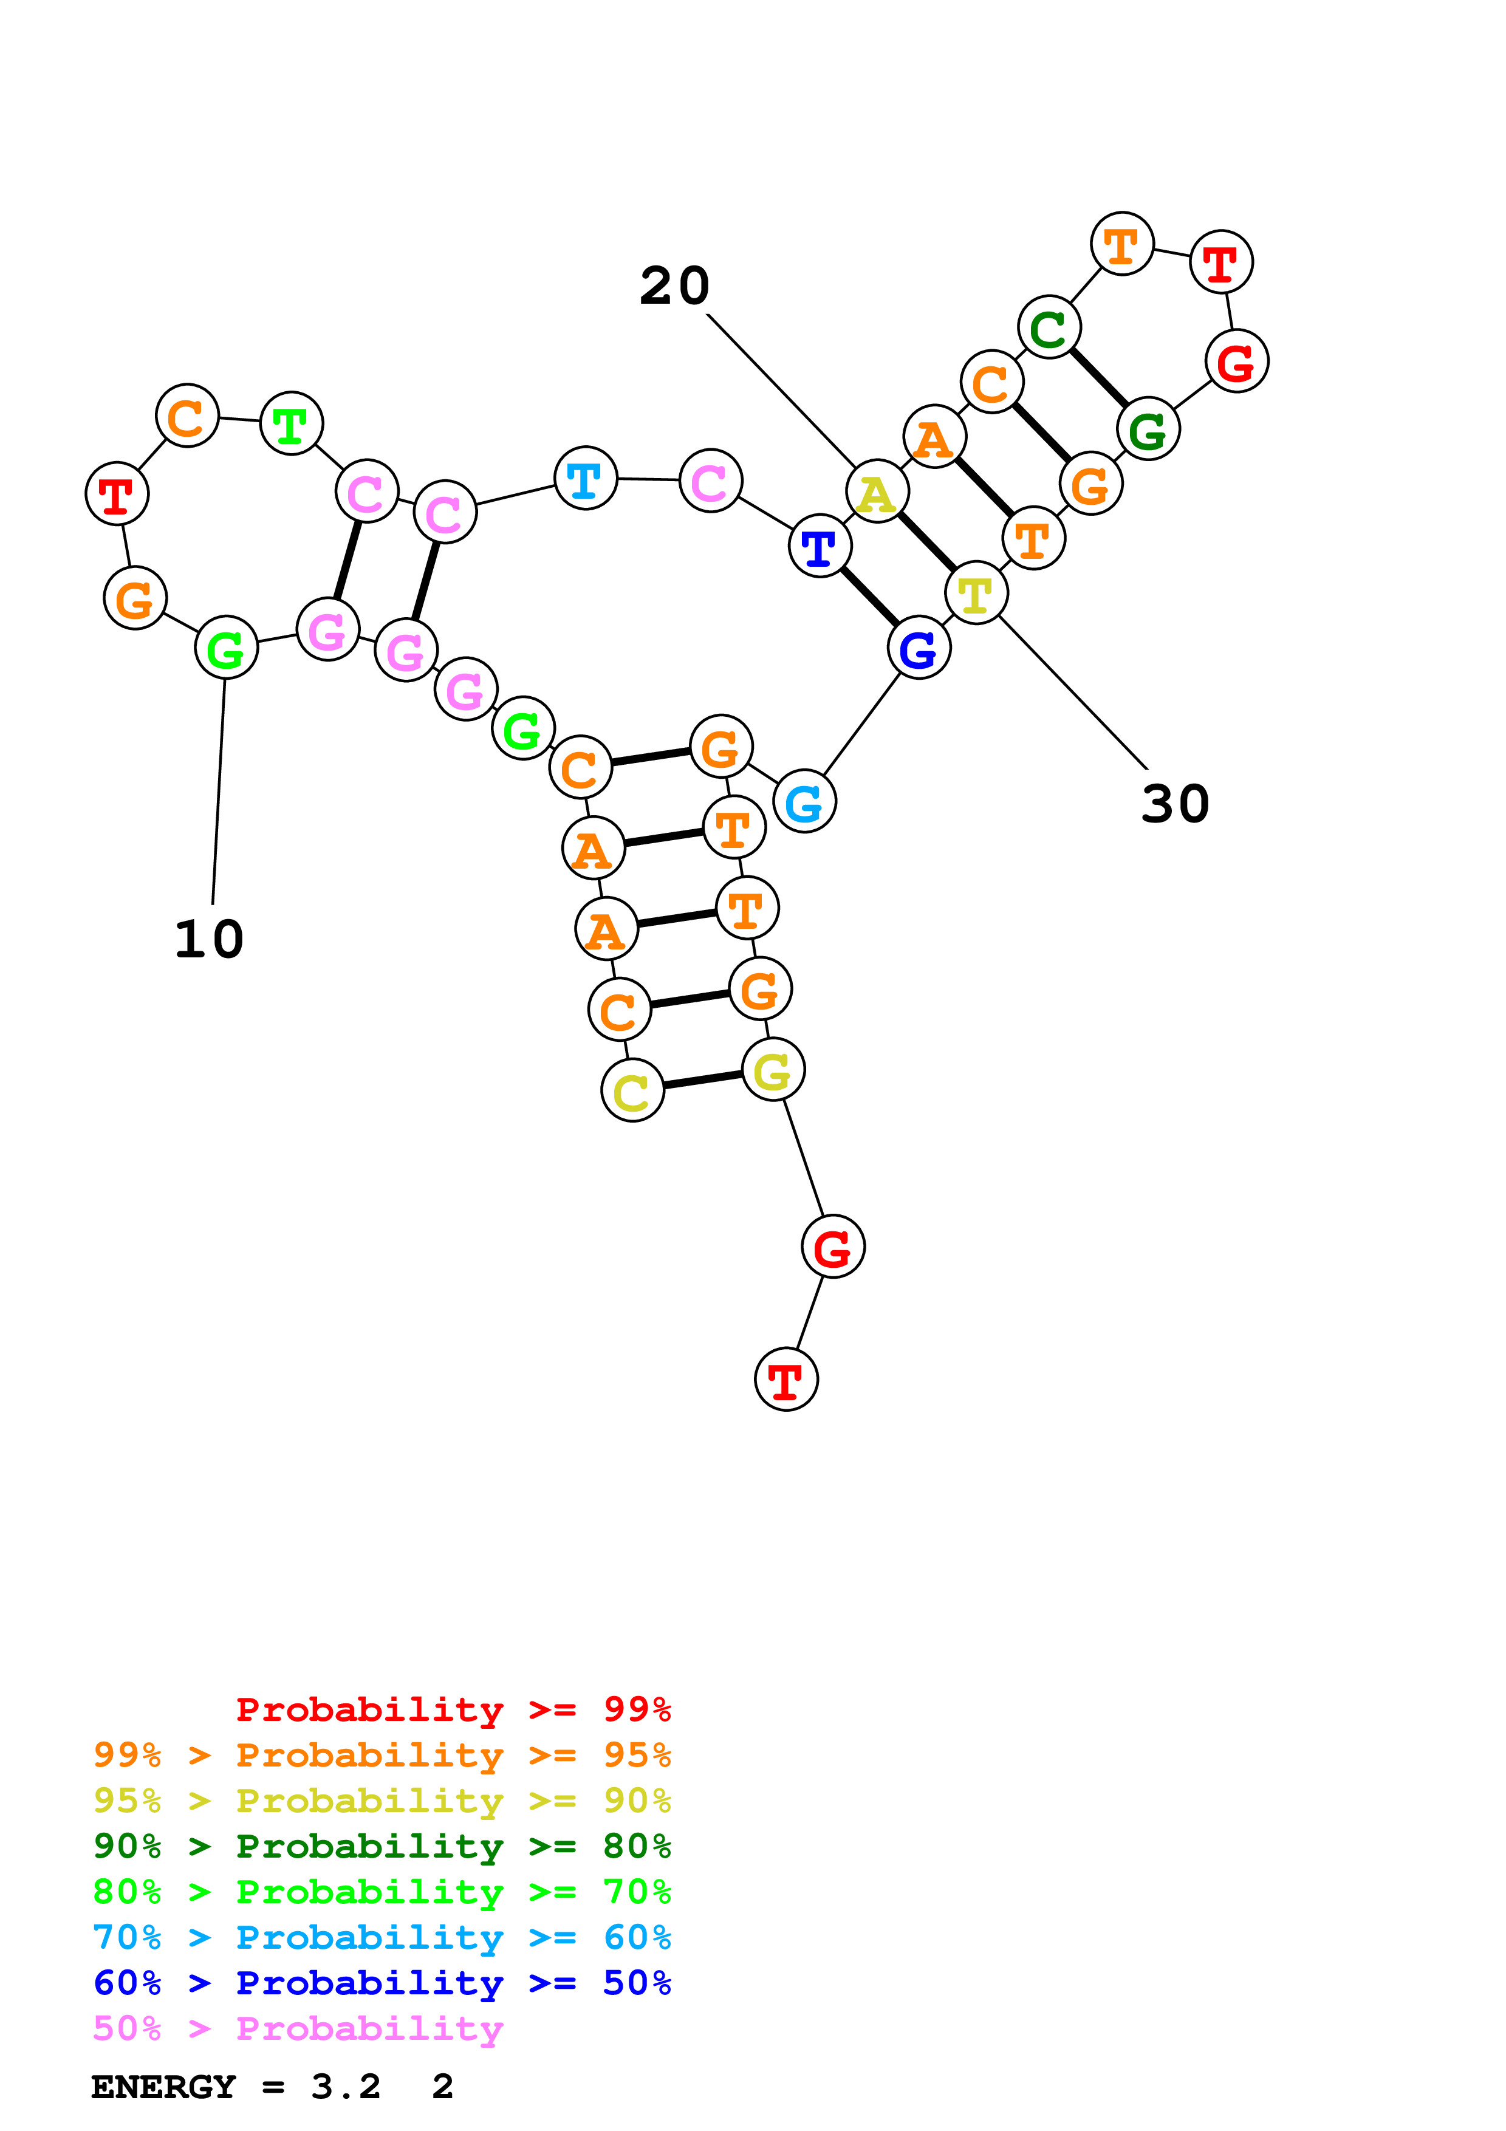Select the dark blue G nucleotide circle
click(919, 648)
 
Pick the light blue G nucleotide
click(804, 801)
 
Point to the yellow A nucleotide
click(877, 492)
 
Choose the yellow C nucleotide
click(632, 1090)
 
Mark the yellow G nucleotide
click(773, 1070)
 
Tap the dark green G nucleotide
click(1148, 429)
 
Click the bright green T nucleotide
click(292, 424)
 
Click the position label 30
click(1175, 803)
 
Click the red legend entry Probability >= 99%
click(453, 1709)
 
